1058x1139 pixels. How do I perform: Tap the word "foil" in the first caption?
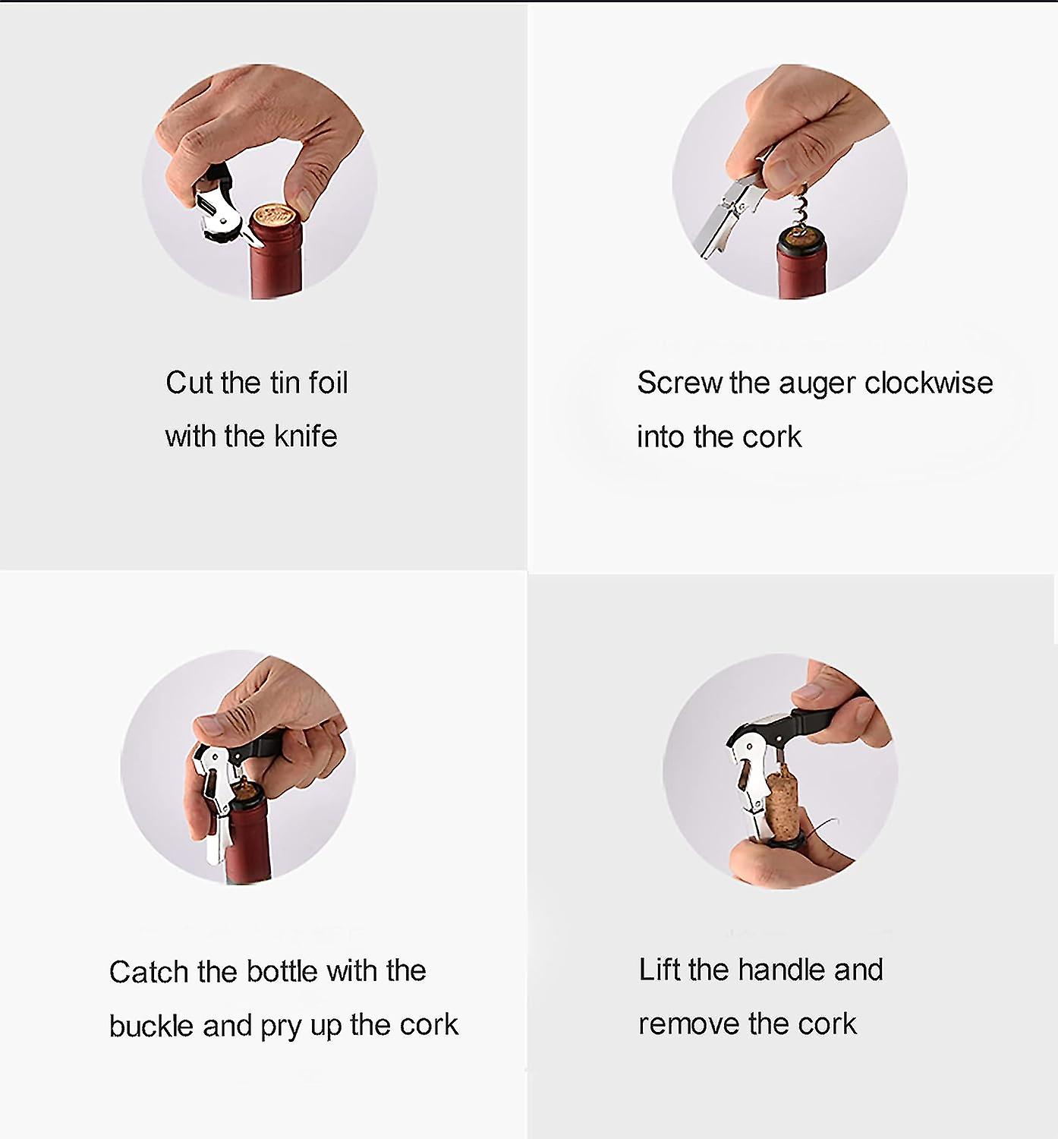pos(328,382)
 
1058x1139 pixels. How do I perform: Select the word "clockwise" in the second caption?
pos(928,383)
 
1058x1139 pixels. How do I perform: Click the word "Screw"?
pos(679,383)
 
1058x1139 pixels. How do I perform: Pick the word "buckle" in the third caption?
pos(151,1025)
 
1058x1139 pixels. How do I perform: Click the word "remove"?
pos(688,1024)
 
